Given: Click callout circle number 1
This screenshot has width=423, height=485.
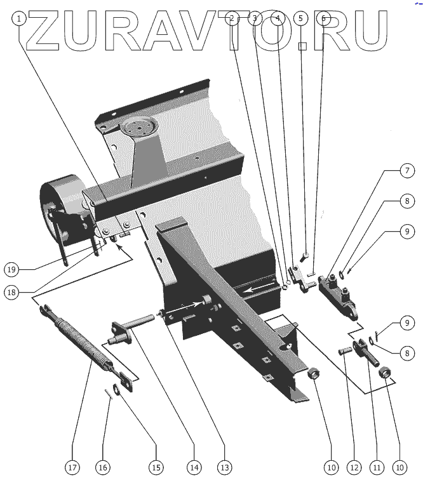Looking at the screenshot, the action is (x=20, y=18).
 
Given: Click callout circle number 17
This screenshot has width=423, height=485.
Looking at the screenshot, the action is (x=72, y=468).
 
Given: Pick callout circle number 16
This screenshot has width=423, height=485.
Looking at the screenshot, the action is (x=103, y=468).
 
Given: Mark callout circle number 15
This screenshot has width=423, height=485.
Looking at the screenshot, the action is (x=156, y=468).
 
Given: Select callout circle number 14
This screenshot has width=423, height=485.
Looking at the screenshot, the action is (x=193, y=468).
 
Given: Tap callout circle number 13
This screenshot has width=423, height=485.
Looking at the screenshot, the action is (x=224, y=468).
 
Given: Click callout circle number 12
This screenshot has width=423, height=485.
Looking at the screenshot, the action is (x=354, y=468).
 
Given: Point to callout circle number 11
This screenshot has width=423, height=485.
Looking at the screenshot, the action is (x=377, y=468).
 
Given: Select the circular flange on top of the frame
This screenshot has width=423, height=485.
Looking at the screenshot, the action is (x=137, y=128).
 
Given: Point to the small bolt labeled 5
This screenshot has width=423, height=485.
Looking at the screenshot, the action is (x=304, y=256).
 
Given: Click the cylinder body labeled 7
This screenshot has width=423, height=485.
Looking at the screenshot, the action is (x=337, y=291).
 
